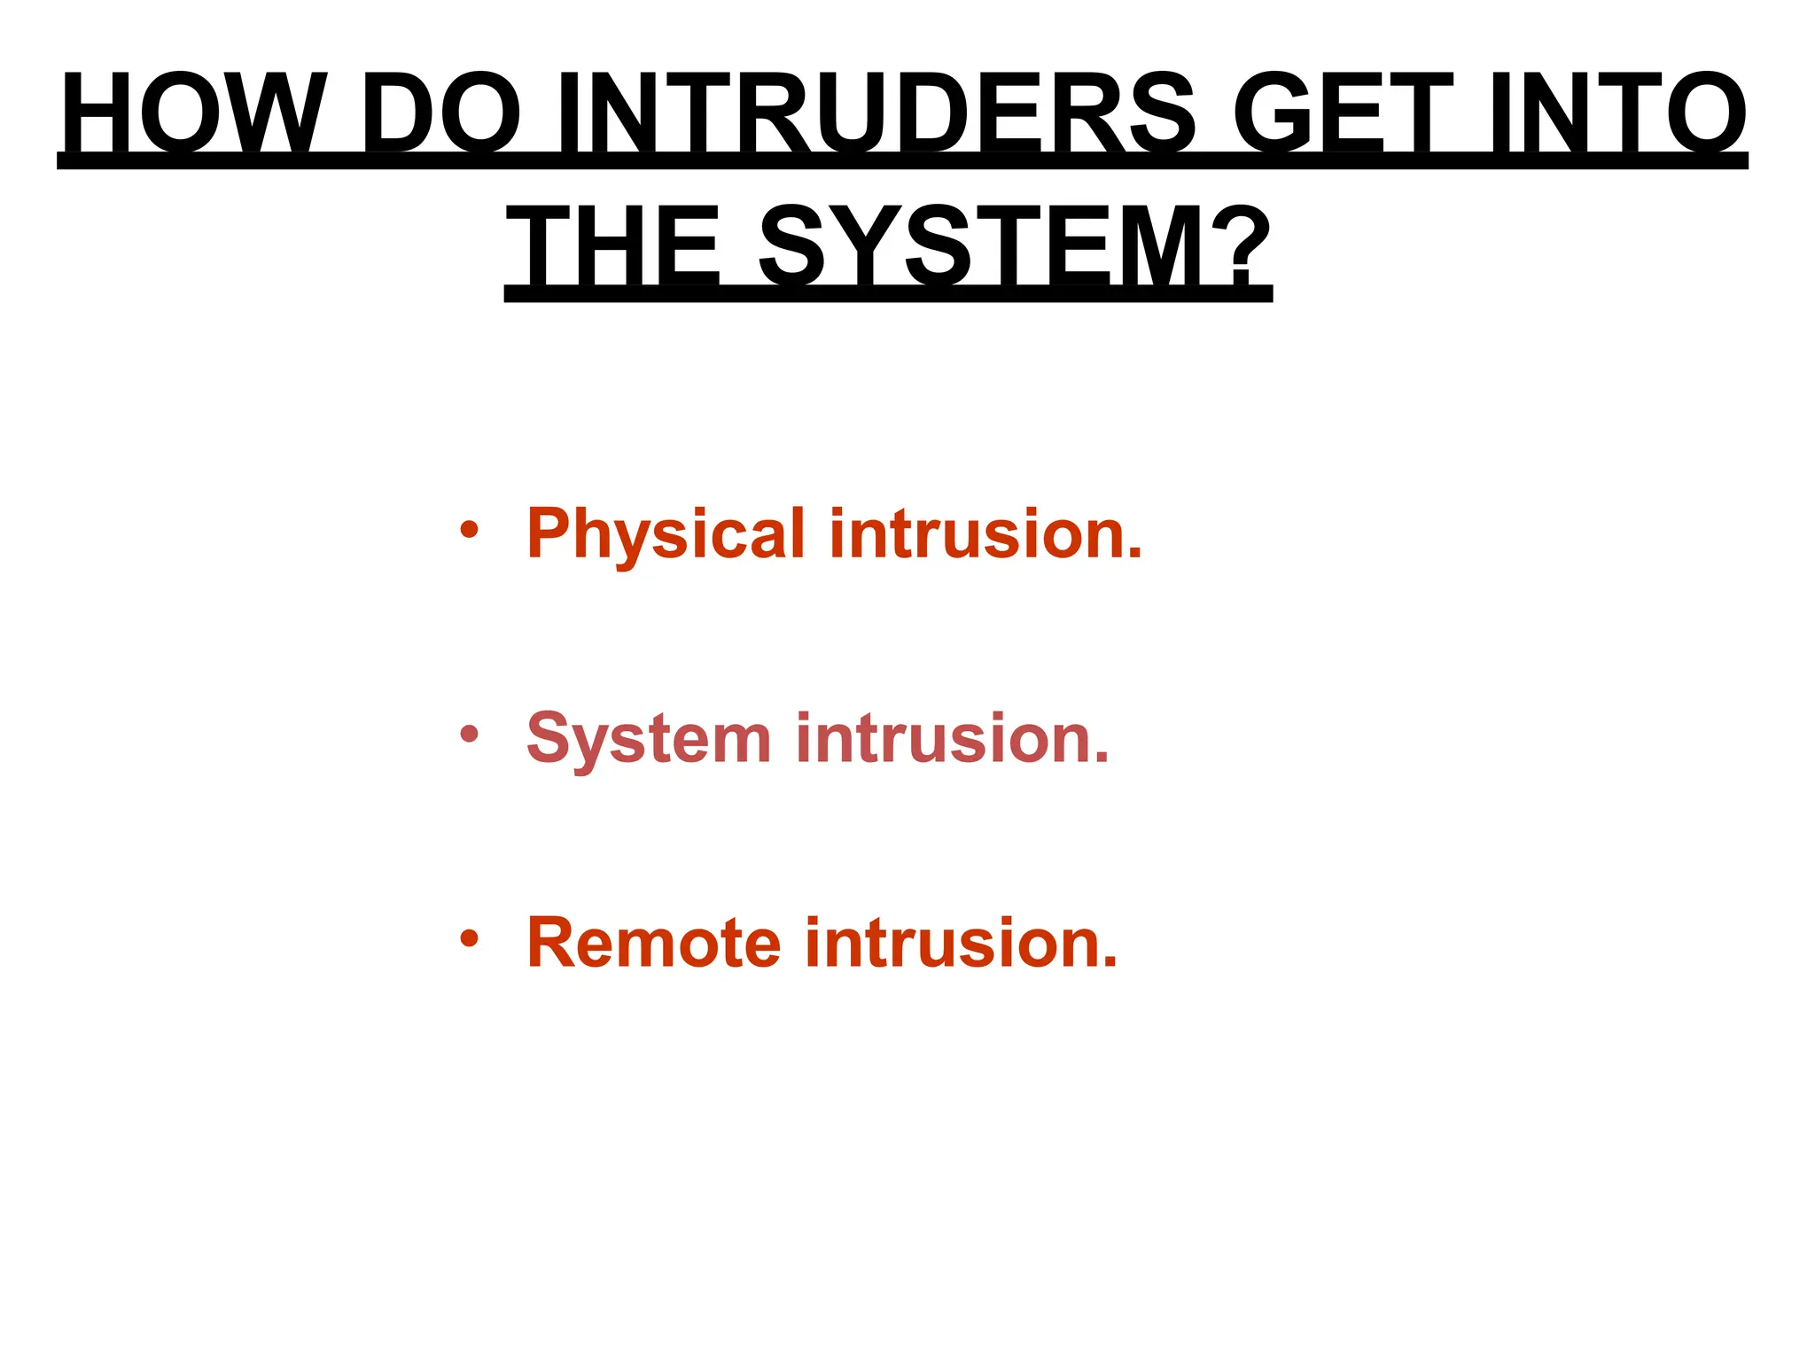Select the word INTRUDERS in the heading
pyautogui.click(x=877, y=115)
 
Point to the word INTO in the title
pyautogui.click(x=1617, y=115)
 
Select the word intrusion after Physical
pyautogui.click(x=975, y=534)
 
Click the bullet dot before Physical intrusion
pyautogui.click(x=470, y=531)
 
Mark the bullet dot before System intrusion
pyautogui.click(x=470, y=735)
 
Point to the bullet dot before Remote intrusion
pyautogui.click(x=470, y=938)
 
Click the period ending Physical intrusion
pyautogui.click(x=1133, y=555)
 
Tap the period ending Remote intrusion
pyautogui.click(x=1109, y=963)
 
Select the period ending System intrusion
pyautogui.click(x=1100, y=758)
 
